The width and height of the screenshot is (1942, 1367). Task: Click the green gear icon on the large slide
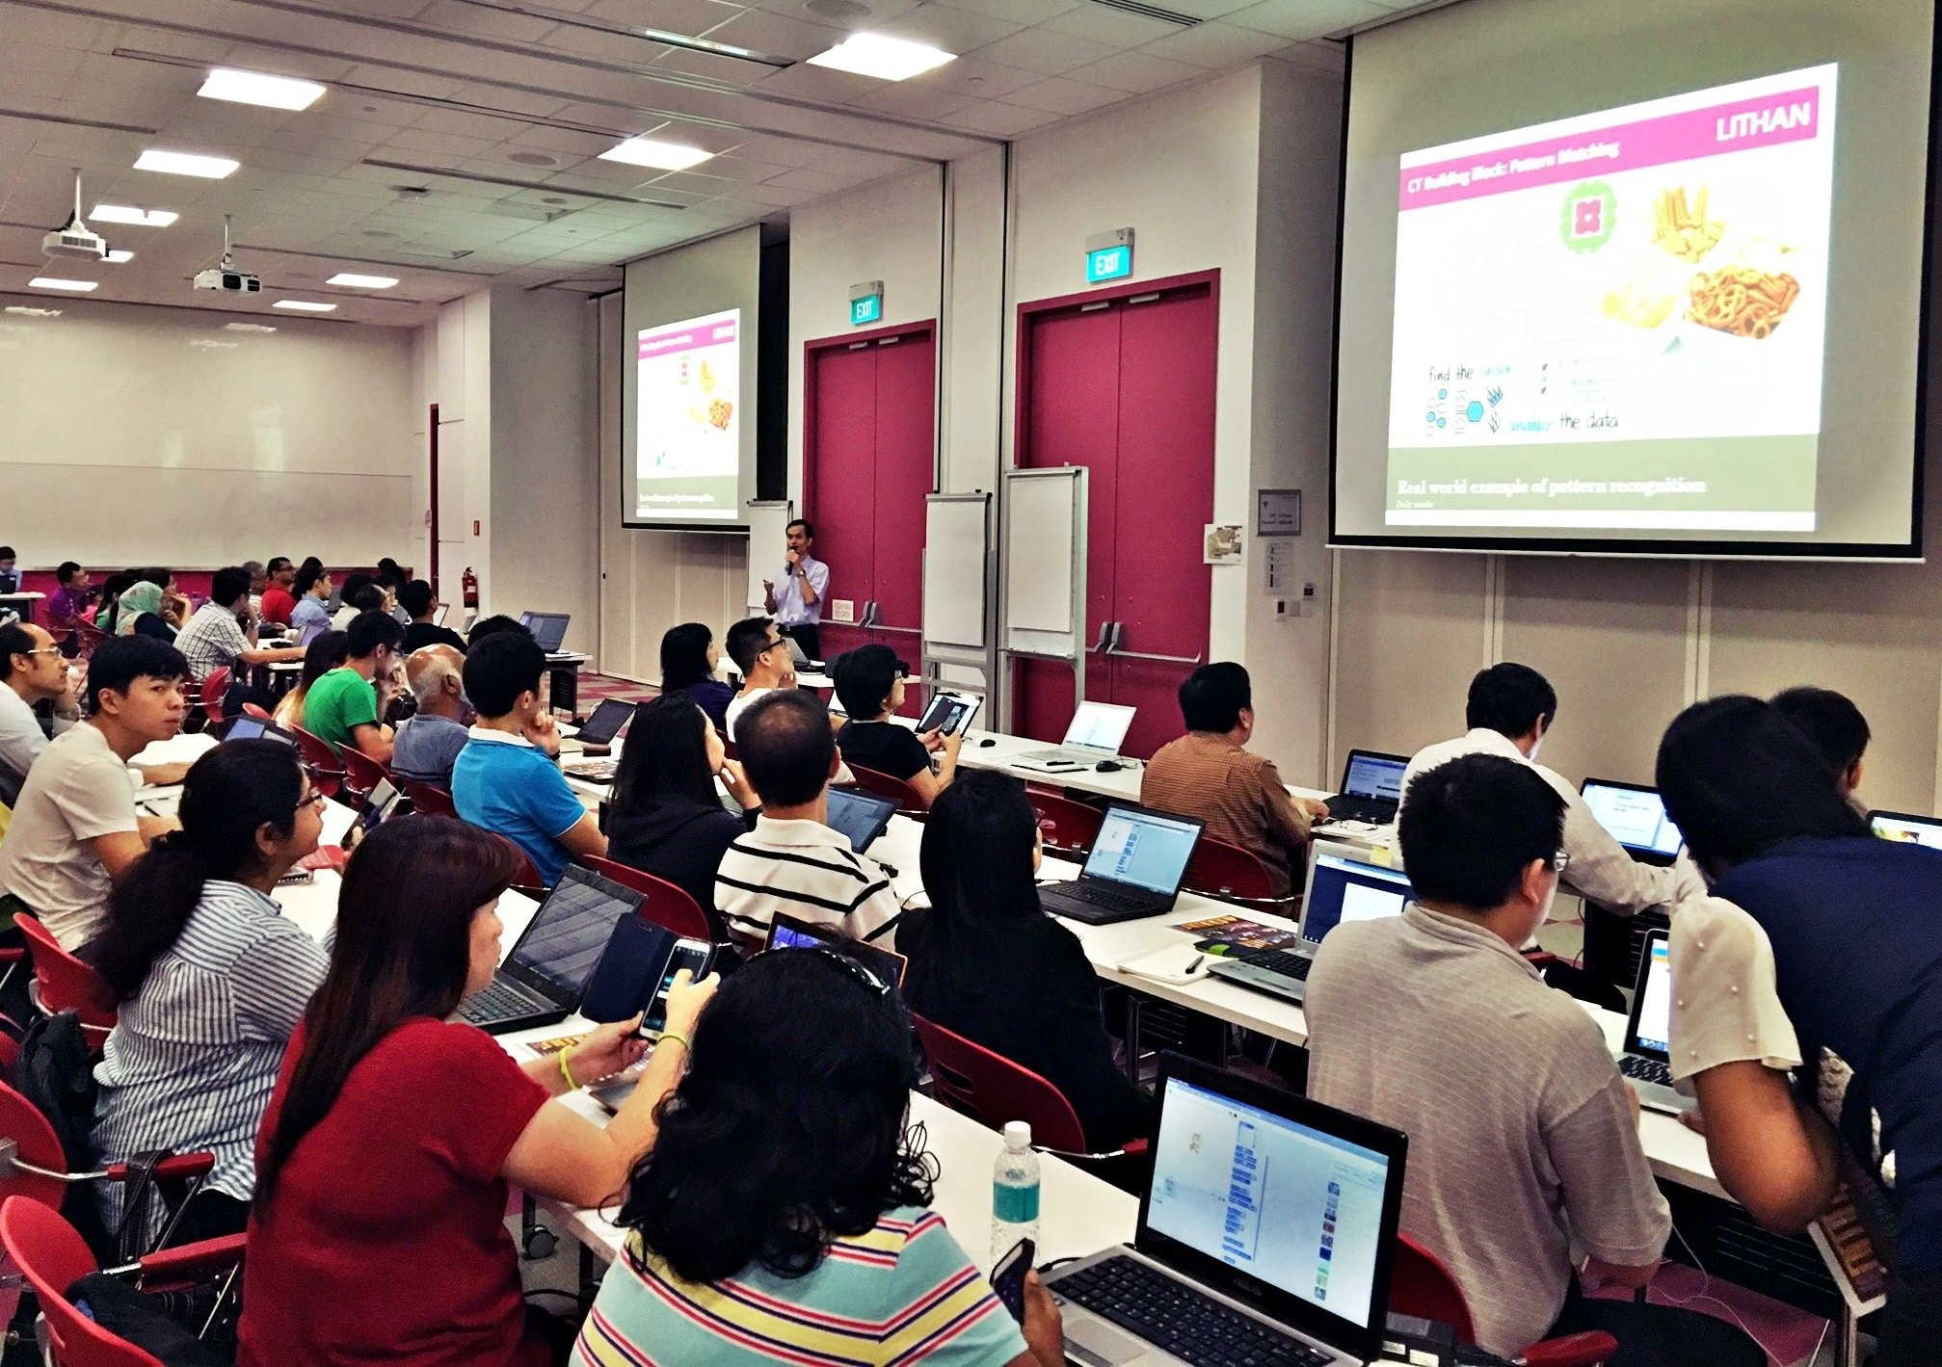coord(1587,218)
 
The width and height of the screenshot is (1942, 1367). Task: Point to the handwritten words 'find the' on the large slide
coord(1450,373)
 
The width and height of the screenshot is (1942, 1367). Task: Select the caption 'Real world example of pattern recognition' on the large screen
coord(1550,486)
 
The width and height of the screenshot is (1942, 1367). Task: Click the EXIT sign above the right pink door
coord(1108,262)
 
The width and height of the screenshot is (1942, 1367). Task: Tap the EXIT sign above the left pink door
coord(865,307)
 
